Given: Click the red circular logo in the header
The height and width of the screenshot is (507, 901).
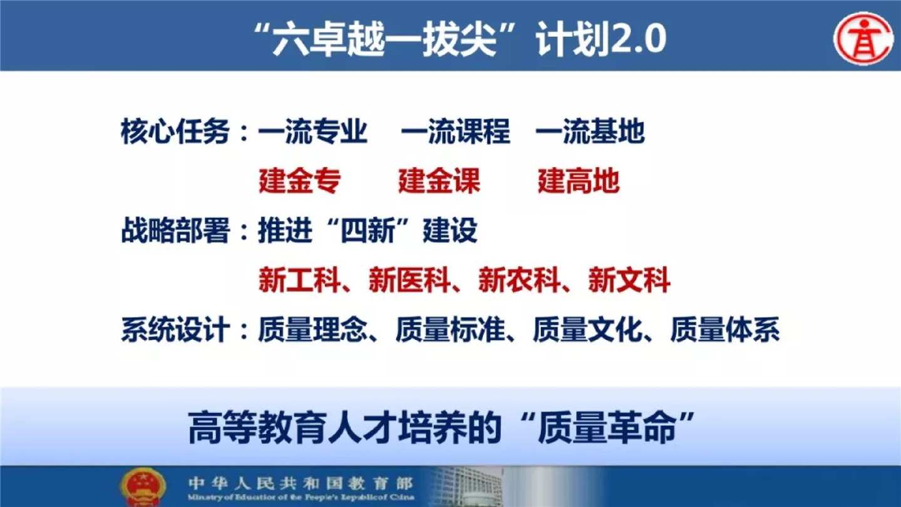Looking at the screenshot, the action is pyautogui.click(x=863, y=38).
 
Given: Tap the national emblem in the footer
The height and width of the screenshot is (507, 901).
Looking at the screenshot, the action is pyautogui.click(x=143, y=486).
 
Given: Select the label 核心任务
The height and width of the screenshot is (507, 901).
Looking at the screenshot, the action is pyautogui.click(x=175, y=131).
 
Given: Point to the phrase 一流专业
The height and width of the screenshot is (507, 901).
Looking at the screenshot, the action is pyautogui.click(x=312, y=131).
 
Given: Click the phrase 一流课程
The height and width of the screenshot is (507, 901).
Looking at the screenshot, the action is pyautogui.click(x=456, y=131).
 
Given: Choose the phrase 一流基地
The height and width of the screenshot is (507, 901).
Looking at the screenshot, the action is pyautogui.click(x=590, y=131).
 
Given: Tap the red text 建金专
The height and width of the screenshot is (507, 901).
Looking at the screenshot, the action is pyautogui.click(x=300, y=181).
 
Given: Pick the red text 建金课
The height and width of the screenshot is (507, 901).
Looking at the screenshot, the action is pyautogui.click(x=440, y=181).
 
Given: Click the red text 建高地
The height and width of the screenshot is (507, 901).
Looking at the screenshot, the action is pyautogui.click(x=579, y=181).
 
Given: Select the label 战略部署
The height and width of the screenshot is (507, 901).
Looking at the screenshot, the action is pyautogui.click(x=175, y=230).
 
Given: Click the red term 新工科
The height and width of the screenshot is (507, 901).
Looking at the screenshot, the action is pyautogui.click(x=300, y=280).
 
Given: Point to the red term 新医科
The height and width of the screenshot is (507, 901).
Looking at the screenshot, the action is pyautogui.click(x=409, y=280).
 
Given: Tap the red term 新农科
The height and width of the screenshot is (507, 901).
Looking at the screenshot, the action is pyautogui.click(x=519, y=280).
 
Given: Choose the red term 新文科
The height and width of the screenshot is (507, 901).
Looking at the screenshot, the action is pyautogui.click(x=629, y=280).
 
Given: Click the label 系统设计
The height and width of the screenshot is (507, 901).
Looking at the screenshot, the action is pyautogui.click(x=175, y=330).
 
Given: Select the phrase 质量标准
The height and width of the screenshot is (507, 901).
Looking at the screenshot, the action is pyautogui.click(x=450, y=330).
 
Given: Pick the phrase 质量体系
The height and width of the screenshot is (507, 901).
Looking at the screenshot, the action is pyautogui.click(x=725, y=330).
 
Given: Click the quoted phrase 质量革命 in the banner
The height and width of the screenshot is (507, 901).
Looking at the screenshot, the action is pyautogui.click(x=607, y=428).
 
